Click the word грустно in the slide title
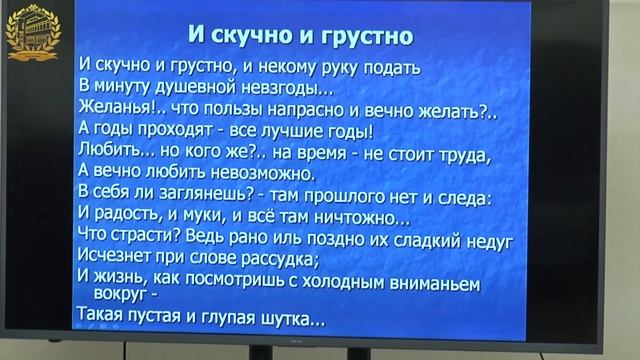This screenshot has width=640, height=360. (x=366, y=36)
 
